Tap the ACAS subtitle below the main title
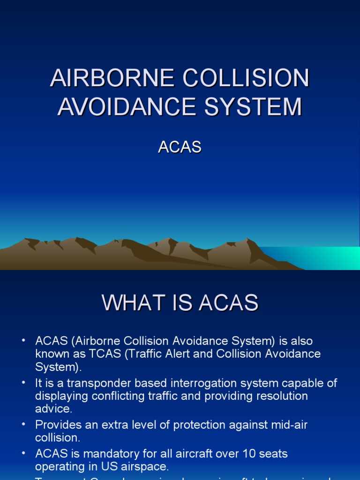(x=180, y=147)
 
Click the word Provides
(x=56, y=425)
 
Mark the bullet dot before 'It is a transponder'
(x=23, y=383)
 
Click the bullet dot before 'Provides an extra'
(x=23, y=425)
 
